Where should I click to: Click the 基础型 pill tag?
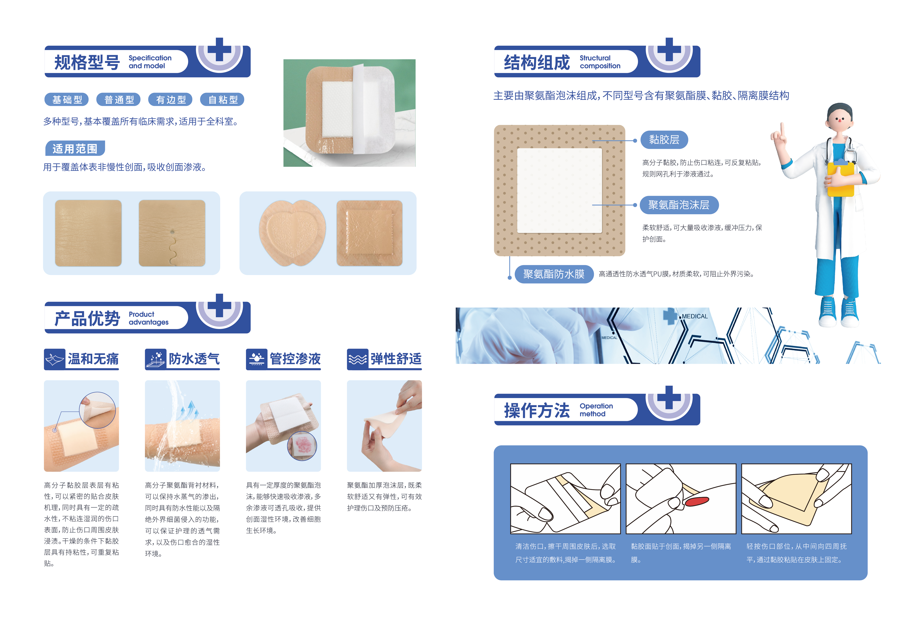67,100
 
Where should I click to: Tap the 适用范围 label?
75,148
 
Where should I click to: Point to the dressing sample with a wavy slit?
172,233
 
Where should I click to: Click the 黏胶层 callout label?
664,140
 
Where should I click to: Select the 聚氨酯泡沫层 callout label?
679,205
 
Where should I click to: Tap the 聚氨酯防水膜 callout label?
554,274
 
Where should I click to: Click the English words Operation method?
596,410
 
